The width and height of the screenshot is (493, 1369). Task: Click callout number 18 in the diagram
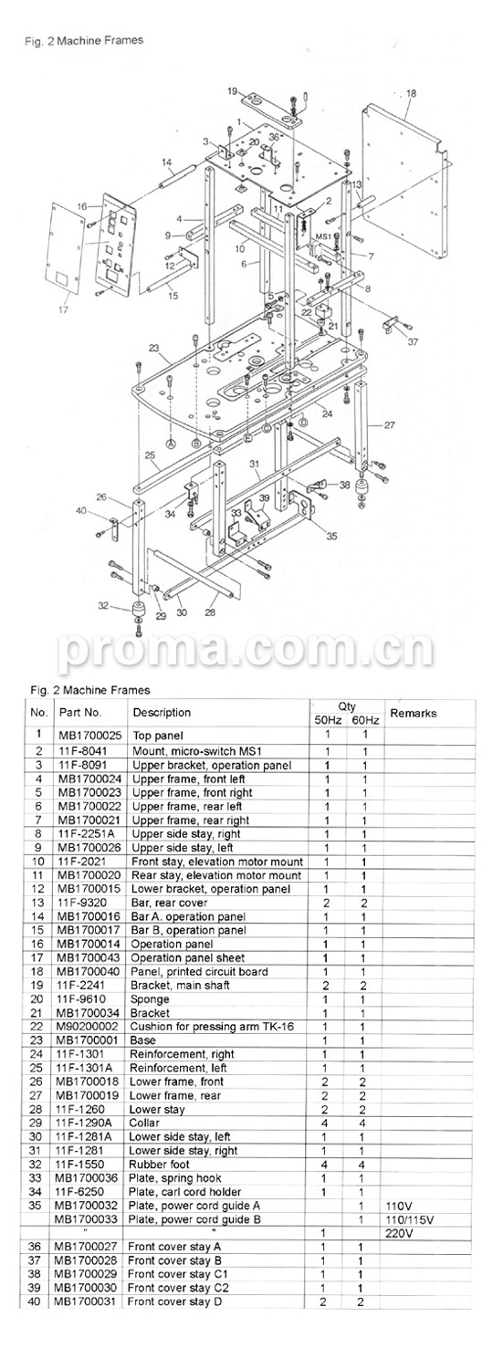point(412,93)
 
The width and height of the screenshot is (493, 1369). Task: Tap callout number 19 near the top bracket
point(233,91)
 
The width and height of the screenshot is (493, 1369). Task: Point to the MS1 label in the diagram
point(323,235)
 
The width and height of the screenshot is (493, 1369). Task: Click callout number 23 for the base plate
point(153,348)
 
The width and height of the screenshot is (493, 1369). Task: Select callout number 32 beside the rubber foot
point(103,606)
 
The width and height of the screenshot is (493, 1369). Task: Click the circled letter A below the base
point(171,443)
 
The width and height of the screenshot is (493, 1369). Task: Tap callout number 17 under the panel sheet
point(64,309)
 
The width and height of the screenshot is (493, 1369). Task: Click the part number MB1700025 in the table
point(89,736)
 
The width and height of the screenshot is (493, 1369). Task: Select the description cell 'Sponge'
point(149,999)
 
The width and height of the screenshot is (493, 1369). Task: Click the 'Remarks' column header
point(413,713)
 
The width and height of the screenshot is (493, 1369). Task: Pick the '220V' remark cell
point(399,1233)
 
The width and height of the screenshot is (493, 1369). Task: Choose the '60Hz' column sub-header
point(365,720)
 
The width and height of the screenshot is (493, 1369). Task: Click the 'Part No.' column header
point(80,713)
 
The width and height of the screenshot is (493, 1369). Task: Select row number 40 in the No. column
point(35,1301)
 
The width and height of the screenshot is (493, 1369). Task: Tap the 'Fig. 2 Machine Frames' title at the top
point(84,41)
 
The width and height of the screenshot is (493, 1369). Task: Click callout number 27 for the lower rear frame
point(389,424)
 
